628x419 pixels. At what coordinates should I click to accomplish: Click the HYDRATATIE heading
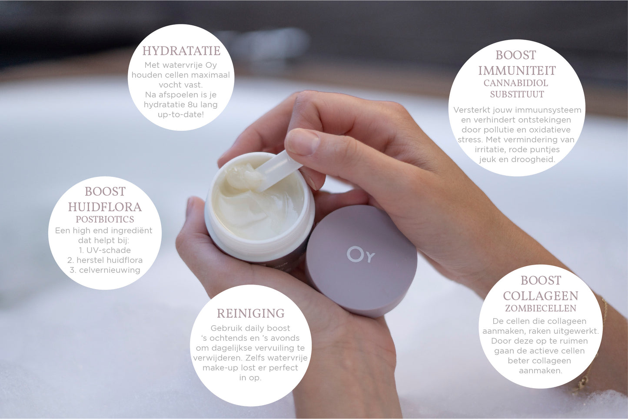click(181, 51)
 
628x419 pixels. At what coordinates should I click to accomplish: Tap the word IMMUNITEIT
click(517, 71)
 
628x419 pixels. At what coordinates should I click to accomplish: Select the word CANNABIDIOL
click(516, 83)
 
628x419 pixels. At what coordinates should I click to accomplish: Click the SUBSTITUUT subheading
click(517, 94)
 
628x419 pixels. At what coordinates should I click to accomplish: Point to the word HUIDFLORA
click(105, 207)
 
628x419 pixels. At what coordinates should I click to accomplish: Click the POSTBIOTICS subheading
click(105, 219)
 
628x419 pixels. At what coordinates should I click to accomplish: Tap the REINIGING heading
click(251, 313)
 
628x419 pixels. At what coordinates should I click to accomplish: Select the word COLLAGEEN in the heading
click(541, 296)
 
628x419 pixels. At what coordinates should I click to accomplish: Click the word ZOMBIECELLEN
click(541, 308)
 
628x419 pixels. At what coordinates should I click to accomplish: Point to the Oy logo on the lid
click(361, 255)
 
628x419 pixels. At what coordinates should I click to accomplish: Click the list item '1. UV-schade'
click(105, 250)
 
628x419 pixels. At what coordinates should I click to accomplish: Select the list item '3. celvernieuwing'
click(105, 270)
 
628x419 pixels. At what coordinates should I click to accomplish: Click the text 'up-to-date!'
click(180, 114)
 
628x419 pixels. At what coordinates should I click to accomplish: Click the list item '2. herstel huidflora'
click(105, 260)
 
